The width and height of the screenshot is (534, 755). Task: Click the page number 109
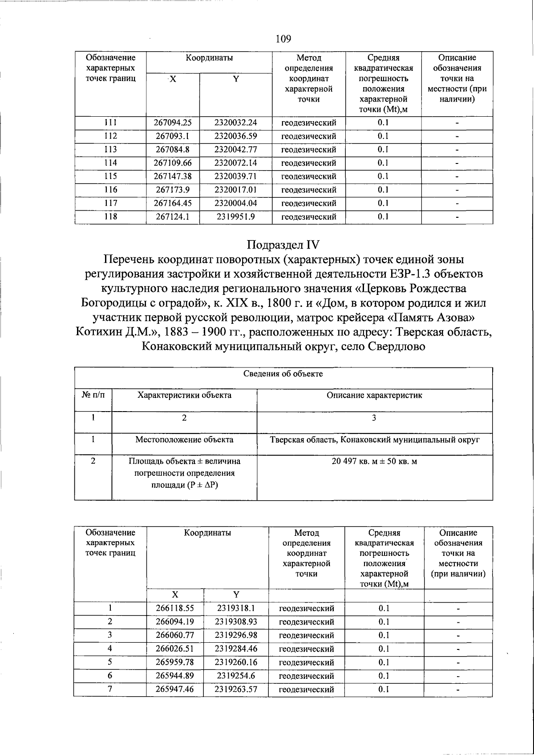pyautogui.click(x=283, y=39)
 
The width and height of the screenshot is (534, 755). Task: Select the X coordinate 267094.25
pyautogui.click(x=173, y=122)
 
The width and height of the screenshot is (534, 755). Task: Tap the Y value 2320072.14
pyautogui.click(x=235, y=163)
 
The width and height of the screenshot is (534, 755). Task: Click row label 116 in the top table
pyautogui.click(x=110, y=190)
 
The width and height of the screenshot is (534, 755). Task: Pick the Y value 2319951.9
pyautogui.click(x=235, y=217)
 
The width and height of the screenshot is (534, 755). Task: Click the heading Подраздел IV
pyautogui.click(x=283, y=245)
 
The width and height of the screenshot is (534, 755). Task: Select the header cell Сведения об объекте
pyautogui.click(x=283, y=374)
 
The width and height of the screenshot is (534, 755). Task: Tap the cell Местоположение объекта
pyautogui.click(x=184, y=440)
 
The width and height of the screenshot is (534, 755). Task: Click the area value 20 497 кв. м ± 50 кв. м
pyautogui.click(x=374, y=461)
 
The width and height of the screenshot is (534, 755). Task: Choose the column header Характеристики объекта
pyautogui.click(x=184, y=395)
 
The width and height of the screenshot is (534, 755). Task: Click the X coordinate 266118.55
pyautogui.click(x=174, y=608)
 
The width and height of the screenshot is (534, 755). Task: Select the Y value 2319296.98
pyautogui.click(x=235, y=636)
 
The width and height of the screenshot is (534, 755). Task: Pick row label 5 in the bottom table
pyautogui.click(x=110, y=662)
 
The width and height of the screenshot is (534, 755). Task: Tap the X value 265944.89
pyautogui.click(x=174, y=676)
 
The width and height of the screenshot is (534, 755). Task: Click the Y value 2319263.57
pyautogui.click(x=235, y=690)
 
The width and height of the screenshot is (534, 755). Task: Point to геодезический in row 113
pyautogui.click(x=308, y=150)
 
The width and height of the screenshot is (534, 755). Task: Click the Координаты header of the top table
pyautogui.click(x=209, y=58)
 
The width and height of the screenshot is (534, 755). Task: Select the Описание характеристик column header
pyautogui.click(x=374, y=395)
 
